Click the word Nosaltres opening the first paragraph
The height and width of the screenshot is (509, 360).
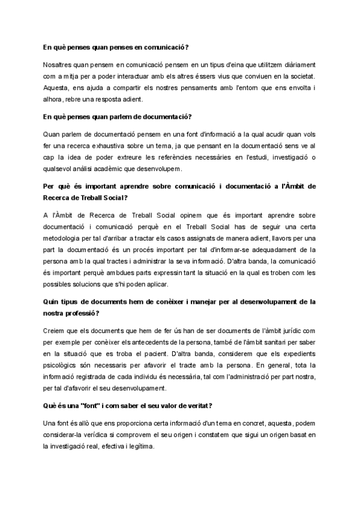[x=59, y=64]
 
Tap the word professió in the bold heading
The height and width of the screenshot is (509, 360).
[x=79, y=313]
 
